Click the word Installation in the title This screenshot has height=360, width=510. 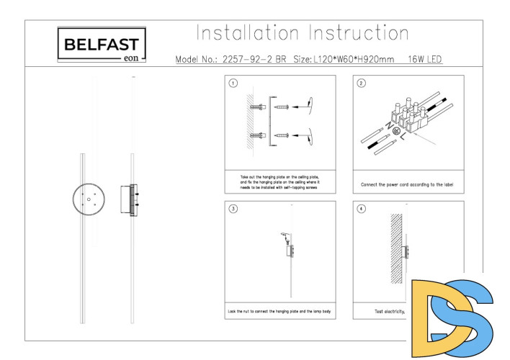(247, 33)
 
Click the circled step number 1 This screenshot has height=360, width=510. (233, 83)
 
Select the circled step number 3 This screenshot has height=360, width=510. (233, 209)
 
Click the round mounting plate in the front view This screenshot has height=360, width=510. (88, 198)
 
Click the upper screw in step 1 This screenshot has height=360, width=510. (282, 107)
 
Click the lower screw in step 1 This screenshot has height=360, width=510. (282, 135)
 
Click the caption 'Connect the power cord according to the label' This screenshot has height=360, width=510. (407, 184)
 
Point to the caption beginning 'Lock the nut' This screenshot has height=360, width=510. (279, 312)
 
